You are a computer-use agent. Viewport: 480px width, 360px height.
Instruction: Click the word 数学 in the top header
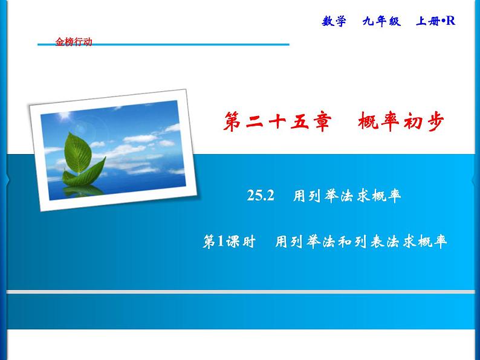[335, 21]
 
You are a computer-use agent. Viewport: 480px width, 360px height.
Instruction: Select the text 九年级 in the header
[381, 21]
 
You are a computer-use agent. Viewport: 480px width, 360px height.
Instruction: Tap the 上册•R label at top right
[435, 21]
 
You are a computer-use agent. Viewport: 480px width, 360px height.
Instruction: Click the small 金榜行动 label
[74, 42]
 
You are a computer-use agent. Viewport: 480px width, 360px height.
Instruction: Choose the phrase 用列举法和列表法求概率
[361, 242]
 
